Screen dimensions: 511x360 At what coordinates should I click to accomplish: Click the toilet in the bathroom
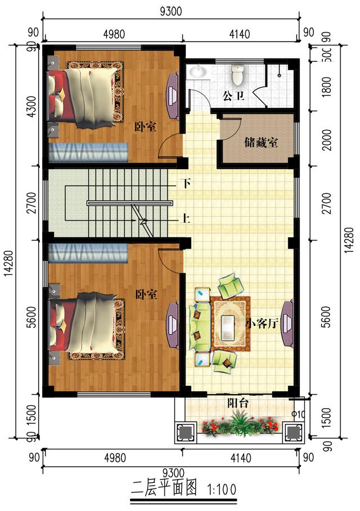coord(237,73)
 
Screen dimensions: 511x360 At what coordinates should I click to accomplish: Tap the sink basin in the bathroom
coord(198,71)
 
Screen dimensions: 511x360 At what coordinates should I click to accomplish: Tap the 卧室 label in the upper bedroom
coord(145,127)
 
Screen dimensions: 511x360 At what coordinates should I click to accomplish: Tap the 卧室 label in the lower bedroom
coord(146,294)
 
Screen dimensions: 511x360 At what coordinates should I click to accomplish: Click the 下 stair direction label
coord(186,183)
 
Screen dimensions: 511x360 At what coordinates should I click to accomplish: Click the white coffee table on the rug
coord(229,324)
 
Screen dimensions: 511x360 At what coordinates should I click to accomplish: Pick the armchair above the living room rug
coord(229,286)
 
